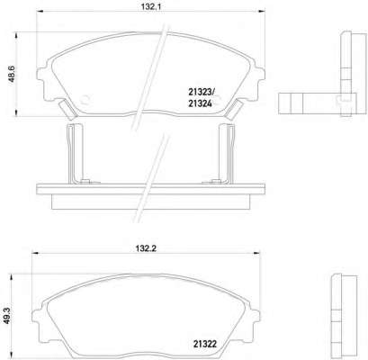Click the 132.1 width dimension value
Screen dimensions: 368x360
151,6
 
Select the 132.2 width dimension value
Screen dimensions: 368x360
146,248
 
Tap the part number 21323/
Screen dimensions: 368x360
201,92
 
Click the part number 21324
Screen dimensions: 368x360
200,103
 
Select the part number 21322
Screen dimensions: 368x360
205,344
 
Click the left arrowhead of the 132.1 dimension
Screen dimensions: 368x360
40,12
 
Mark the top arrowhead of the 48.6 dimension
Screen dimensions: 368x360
15,36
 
